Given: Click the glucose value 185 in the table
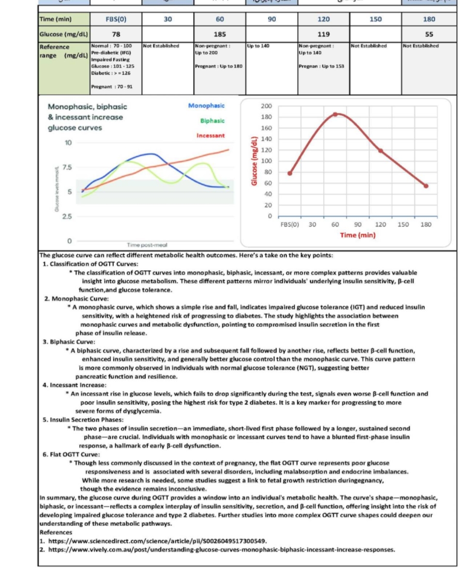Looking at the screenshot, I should [x=220, y=34].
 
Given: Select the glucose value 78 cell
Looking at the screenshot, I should [x=116, y=34].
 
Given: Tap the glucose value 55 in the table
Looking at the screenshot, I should [x=429, y=34].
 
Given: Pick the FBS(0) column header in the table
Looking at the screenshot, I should [x=116, y=19].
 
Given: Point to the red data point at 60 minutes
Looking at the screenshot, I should [x=335, y=114].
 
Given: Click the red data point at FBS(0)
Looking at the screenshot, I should [x=289, y=173].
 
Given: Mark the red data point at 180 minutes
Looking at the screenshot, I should [x=426, y=186].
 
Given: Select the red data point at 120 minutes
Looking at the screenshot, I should [x=380, y=151].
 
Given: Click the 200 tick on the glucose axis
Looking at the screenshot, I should [x=266, y=106].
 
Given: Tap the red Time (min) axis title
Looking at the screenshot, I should [x=357, y=235].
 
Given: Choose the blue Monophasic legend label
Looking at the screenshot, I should [x=207, y=105].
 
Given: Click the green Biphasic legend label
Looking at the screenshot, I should [x=212, y=120].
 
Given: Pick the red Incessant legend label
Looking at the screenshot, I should [x=211, y=136].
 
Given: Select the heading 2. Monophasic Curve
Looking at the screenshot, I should [x=76, y=299].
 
